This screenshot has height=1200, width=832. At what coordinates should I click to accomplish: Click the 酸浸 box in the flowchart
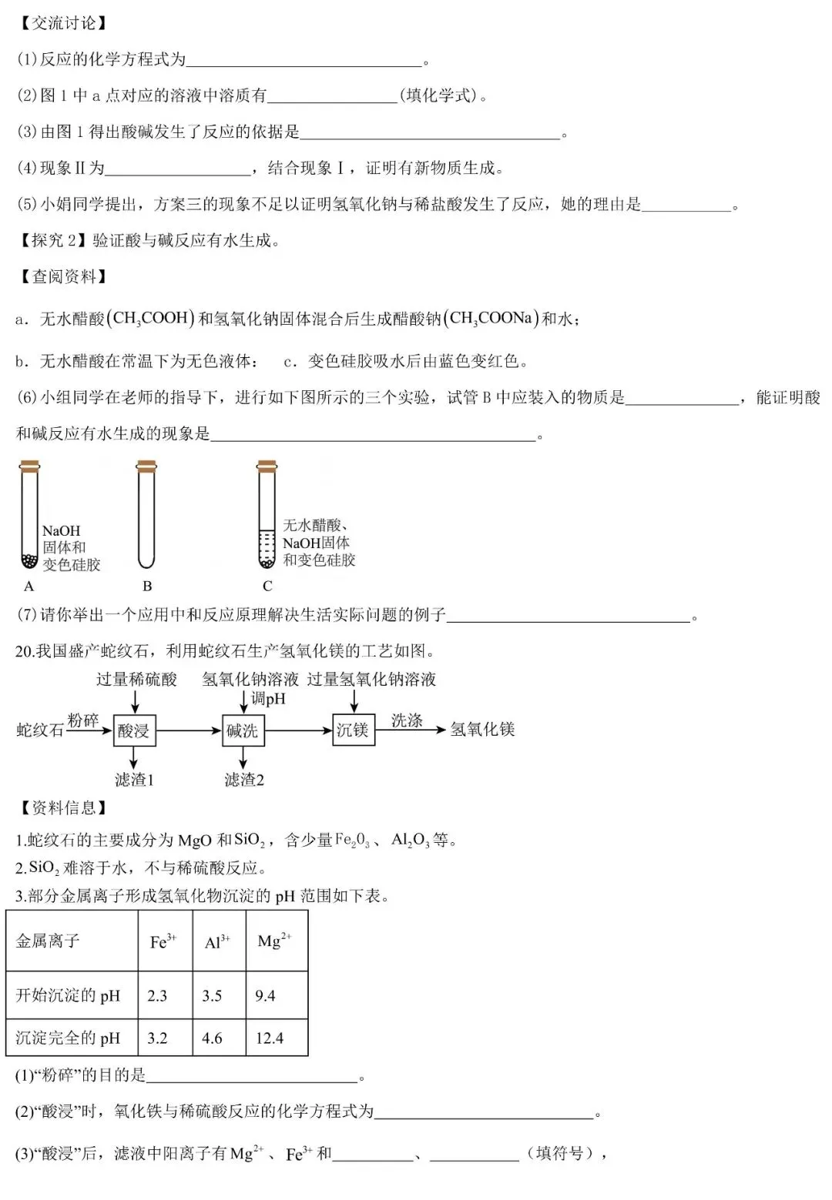tap(134, 730)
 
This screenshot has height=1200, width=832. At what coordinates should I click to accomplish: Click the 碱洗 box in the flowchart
tap(243, 730)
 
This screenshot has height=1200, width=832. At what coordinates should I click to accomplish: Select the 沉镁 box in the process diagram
tap(353, 729)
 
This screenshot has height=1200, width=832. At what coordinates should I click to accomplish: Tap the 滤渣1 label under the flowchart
tap(135, 780)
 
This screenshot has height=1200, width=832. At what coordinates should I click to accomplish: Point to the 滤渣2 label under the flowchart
tap(244, 780)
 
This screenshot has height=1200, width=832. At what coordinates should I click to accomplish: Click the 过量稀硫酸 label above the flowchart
tap(136, 679)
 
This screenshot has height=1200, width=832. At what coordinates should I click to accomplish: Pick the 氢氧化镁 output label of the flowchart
tap(482, 729)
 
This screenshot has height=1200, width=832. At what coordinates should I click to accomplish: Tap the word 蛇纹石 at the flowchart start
tap(40, 730)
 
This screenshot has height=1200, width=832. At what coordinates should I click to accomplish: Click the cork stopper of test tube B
tap(146, 465)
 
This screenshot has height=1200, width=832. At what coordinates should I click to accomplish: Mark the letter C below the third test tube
tap(267, 586)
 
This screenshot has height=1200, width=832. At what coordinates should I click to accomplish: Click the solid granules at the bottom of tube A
tap(29, 560)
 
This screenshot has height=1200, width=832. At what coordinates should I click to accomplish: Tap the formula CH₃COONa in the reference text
tap(491, 319)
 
